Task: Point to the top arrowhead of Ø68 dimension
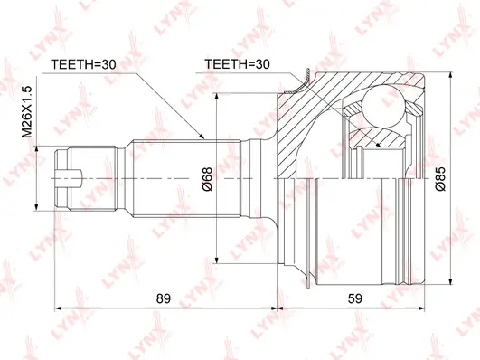pos(217,94)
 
